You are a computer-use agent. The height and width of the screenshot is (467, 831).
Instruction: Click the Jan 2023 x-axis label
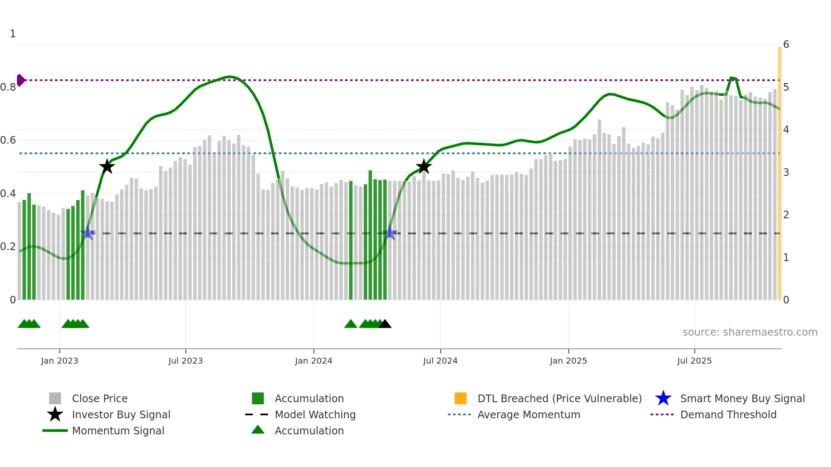click(59, 361)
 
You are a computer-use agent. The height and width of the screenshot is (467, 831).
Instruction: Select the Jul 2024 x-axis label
click(440, 361)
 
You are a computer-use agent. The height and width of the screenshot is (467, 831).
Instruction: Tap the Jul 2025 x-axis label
click(694, 361)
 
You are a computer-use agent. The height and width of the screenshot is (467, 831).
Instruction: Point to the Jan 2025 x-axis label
click(568, 361)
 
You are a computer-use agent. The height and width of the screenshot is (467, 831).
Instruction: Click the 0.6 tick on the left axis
click(8, 140)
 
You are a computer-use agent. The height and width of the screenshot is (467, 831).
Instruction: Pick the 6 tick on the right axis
click(786, 44)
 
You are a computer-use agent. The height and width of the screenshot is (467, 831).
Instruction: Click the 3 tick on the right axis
click(786, 172)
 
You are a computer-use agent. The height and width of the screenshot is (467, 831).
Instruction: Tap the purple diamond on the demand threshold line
click(20, 80)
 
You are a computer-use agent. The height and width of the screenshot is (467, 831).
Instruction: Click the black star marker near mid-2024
click(424, 167)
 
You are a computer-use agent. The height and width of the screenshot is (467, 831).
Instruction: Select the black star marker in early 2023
click(107, 167)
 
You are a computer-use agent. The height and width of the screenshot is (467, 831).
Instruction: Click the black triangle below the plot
click(385, 324)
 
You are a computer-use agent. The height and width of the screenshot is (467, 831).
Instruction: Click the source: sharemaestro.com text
click(750, 332)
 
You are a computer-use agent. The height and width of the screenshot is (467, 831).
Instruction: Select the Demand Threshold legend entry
click(728, 414)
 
